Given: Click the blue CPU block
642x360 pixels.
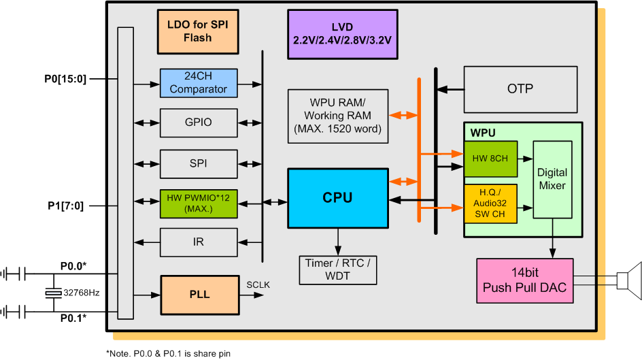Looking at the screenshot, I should click(x=337, y=198).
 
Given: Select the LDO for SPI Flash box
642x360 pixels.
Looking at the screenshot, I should click(x=198, y=31).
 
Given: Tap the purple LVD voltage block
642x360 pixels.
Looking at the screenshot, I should click(x=342, y=33).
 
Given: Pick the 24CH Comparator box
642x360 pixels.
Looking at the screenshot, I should click(x=199, y=82).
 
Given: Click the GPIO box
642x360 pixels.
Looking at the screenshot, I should click(x=199, y=122).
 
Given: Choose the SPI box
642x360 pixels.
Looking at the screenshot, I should click(x=199, y=163).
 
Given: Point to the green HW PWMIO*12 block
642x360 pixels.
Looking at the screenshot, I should click(x=199, y=203).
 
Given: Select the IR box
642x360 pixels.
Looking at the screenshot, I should click(x=199, y=242).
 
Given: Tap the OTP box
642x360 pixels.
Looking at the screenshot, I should click(x=520, y=89).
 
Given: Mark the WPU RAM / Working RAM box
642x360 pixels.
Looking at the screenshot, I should click(x=337, y=116).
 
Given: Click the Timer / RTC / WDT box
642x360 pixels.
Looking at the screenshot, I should click(x=338, y=270).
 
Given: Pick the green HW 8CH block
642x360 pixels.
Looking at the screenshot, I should click(x=490, y=158).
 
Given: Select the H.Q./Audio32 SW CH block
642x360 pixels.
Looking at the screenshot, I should click(x=490, y=203).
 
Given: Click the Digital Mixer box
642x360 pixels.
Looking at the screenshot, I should click(x=552, y=180).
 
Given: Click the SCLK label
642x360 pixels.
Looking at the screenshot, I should click(x=258, y=284).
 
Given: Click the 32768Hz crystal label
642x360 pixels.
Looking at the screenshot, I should click(x=81, y=293).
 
